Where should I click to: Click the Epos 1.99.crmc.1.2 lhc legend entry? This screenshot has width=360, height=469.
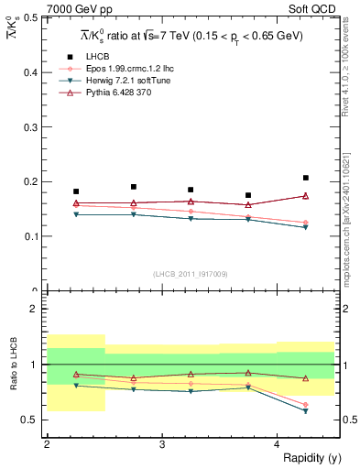128,69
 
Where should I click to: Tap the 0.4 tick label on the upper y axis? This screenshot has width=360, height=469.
31,72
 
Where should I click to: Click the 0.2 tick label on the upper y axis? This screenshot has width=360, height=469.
31,181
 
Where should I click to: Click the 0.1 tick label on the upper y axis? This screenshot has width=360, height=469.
31,236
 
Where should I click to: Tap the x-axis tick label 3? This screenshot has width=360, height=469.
162,445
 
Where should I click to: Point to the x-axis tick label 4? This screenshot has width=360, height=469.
278,445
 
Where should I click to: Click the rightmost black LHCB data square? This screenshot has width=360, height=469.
306,178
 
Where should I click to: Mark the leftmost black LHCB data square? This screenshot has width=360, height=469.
76,191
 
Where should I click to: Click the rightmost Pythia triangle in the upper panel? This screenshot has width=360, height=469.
306,195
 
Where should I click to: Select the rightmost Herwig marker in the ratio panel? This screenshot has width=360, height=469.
306,411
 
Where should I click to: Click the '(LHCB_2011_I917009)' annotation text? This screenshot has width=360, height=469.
191,274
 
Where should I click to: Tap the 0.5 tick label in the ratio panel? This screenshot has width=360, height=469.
31,420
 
